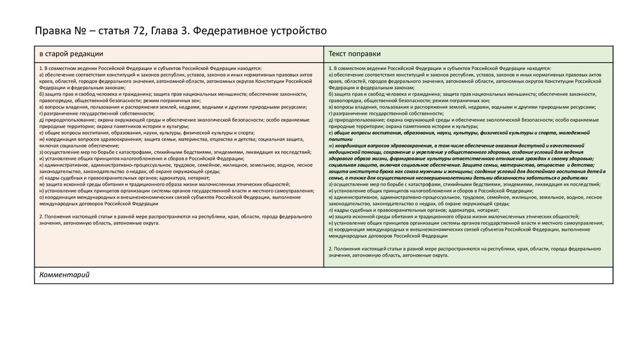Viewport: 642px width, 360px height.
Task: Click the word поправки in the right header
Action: tap(368, 54)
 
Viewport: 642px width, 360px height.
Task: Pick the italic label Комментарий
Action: tap(65, 275)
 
